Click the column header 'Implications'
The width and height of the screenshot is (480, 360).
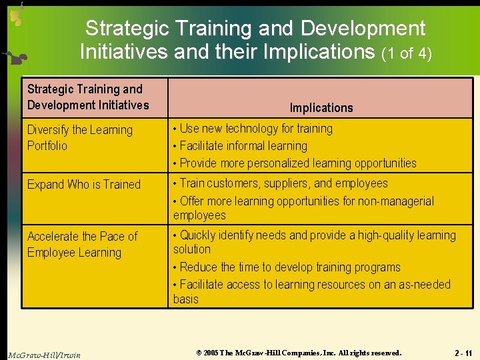click(x=321, y=107)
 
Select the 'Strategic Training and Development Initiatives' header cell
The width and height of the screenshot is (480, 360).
click(x=88, y=97)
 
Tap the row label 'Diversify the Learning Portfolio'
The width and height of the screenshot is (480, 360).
click(x=79, y=137)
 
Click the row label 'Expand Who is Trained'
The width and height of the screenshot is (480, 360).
click(x=84, y=185)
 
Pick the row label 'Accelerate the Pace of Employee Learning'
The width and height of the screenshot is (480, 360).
click(x=82, y=244)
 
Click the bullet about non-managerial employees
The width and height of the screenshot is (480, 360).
click(x=303, y=208)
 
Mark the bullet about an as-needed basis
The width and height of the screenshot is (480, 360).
click(x=311, y=291)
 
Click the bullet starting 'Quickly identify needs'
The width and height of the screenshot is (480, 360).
click(x=314, y=242)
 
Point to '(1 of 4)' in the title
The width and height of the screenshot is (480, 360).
click(x=406, y=53)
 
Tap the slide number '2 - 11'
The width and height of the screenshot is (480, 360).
click(x=463, y=353)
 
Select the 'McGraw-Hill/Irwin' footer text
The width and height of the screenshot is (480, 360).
click(x=44, y=355)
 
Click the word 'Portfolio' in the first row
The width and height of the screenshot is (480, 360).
click(x=47, y=145)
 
